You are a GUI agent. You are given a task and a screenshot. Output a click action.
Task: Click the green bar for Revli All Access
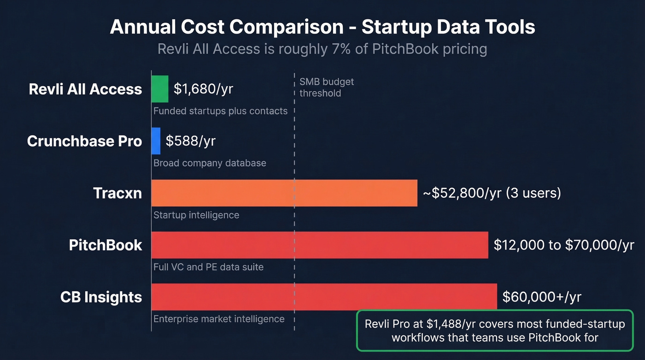tap(160, 89)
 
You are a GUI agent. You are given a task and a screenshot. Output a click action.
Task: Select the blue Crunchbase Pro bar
tap(156, 141)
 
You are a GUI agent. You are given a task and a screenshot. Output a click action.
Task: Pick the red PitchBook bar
tap(320, 245)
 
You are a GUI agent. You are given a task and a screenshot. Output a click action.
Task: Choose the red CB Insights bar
tap(324, 297)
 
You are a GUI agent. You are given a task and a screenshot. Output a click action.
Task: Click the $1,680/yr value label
tap(203, 89)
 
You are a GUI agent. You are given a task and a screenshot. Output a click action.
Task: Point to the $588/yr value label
tap(190, 141)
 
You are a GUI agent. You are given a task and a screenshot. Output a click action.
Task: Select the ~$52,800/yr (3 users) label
tap(492, 193)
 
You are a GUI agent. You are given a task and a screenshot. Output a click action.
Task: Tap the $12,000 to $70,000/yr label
tap(564, 245)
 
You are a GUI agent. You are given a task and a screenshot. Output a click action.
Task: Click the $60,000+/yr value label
tap(542, 297)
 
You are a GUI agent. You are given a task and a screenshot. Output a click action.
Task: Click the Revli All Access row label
tap(85, 89)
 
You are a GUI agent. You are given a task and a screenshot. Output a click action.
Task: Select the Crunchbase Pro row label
tap(84, 141)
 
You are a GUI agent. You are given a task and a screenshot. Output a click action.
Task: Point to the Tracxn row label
tap(117, 193)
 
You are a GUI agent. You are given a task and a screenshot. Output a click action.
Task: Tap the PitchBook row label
tap(106, 245)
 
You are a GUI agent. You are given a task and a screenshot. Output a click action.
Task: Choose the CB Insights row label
tap(101, 297)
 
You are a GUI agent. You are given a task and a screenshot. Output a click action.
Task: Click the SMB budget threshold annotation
tap(327, 88)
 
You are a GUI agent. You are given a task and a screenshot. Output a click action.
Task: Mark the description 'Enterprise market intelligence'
tap(219, 319)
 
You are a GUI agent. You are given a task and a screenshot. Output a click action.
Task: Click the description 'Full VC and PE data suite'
tap(208, 267)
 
